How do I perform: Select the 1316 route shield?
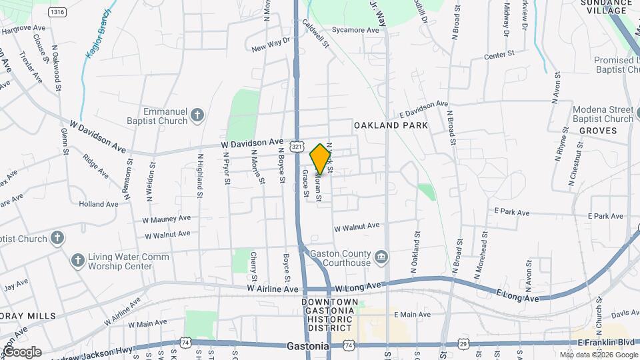point(57,12)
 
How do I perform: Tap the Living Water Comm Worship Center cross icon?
point(78,261)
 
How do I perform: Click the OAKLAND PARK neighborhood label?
point(391,125)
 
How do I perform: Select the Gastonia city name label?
point(309,347)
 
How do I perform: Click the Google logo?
point(21,351)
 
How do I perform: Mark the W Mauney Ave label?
point(166,218)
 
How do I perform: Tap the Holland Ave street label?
point(98,204)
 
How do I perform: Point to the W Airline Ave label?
point(273,289)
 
